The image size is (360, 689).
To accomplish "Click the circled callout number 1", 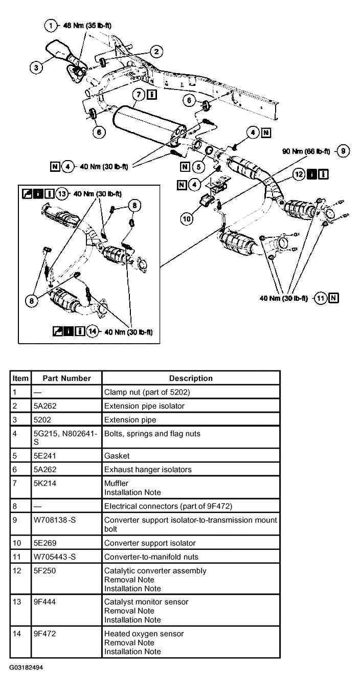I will [51, 25].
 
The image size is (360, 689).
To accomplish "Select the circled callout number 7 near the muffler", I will [138, 95].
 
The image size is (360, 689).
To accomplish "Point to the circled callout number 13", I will [62, 194].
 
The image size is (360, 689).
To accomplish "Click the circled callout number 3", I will [36, 67].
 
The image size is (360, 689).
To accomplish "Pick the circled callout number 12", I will [299, 174].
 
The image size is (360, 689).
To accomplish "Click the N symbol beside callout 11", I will [333, 298].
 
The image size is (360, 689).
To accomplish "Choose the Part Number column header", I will [66, 379].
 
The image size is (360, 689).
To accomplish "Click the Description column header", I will [191, 379].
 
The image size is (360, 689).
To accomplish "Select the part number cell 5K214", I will [43, 483].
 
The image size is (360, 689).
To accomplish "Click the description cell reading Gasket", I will [117, 455].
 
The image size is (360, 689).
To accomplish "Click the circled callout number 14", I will [93, 331].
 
